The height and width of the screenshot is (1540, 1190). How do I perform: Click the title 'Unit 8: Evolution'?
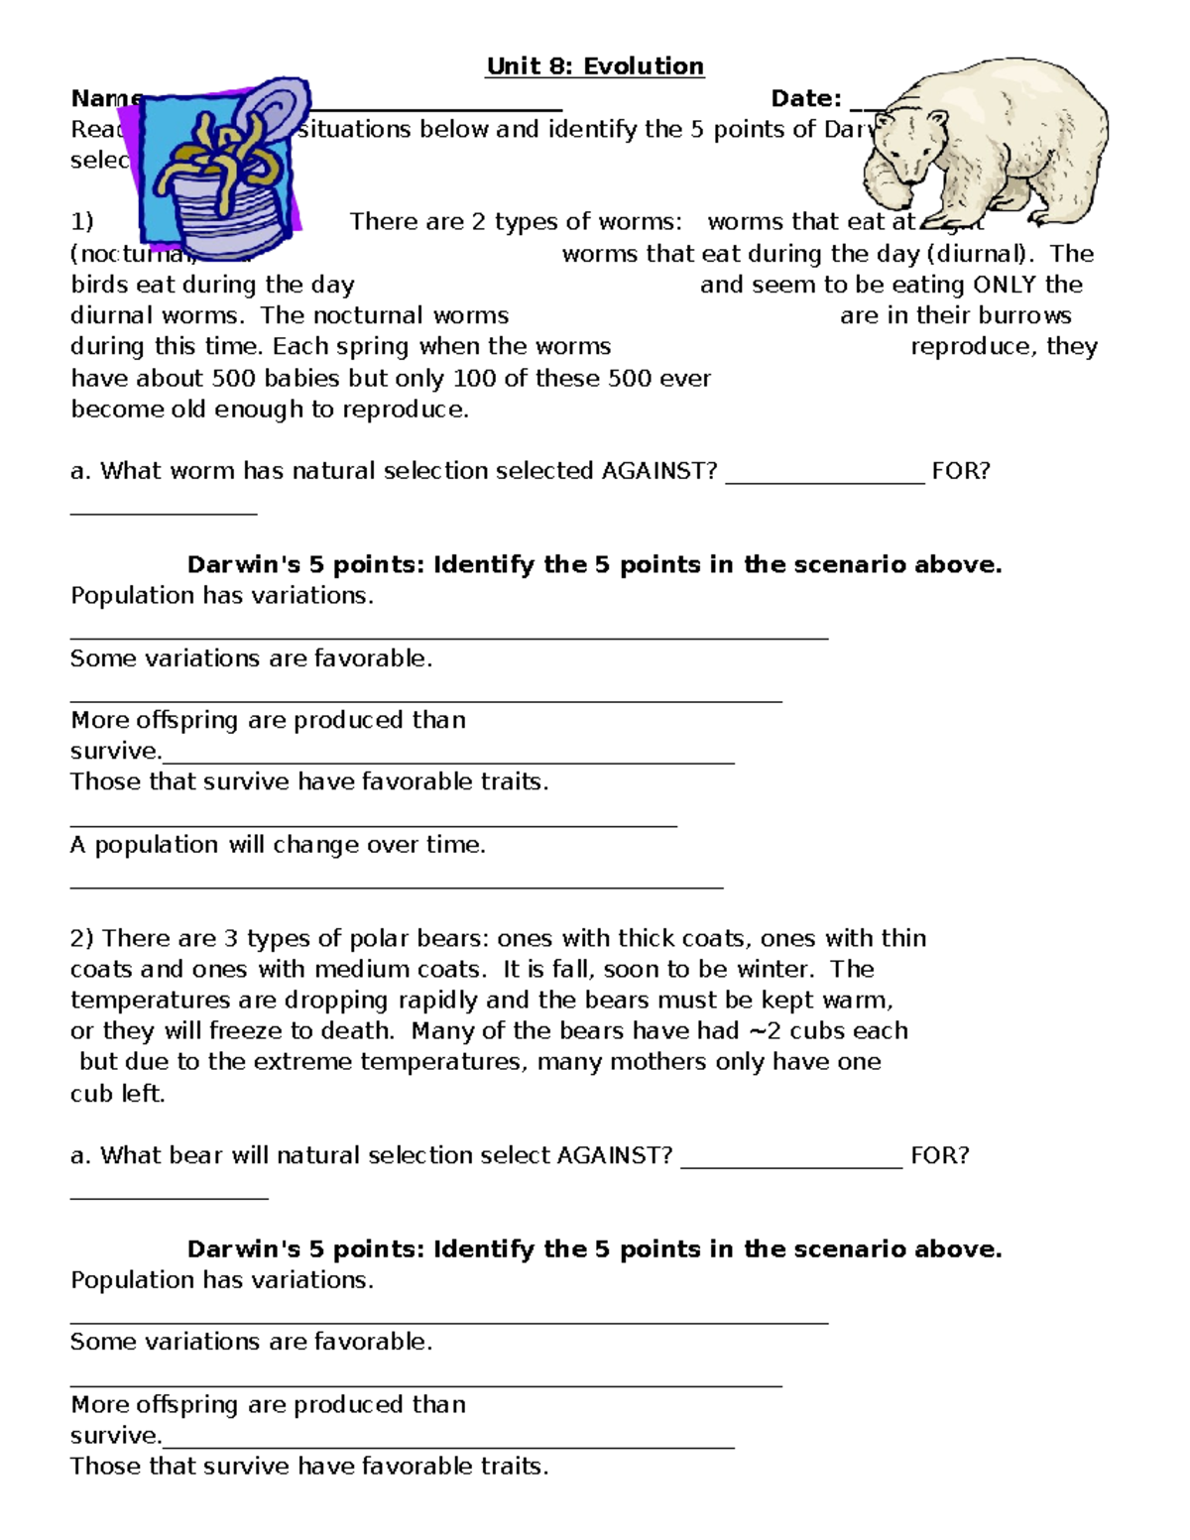coord(595,66)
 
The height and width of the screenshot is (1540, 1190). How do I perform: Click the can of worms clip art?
coord(226,164)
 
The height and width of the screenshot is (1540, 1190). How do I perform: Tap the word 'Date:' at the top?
coord(806,98)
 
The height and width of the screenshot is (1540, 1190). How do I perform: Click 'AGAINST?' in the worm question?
coord(659,470)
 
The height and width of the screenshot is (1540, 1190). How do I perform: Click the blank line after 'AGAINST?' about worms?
coord(825,480)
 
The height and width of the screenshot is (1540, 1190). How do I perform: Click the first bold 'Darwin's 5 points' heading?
coord(595,564)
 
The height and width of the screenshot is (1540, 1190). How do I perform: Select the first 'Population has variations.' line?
coord(222,595)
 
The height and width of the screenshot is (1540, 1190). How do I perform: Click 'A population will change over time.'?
coord(278,845)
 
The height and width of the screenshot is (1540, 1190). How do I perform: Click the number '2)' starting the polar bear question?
coord(82,938)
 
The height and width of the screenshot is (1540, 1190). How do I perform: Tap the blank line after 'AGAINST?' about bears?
coord(791,1165)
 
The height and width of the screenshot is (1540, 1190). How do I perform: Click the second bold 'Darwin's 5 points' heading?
coord(595,1248)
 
